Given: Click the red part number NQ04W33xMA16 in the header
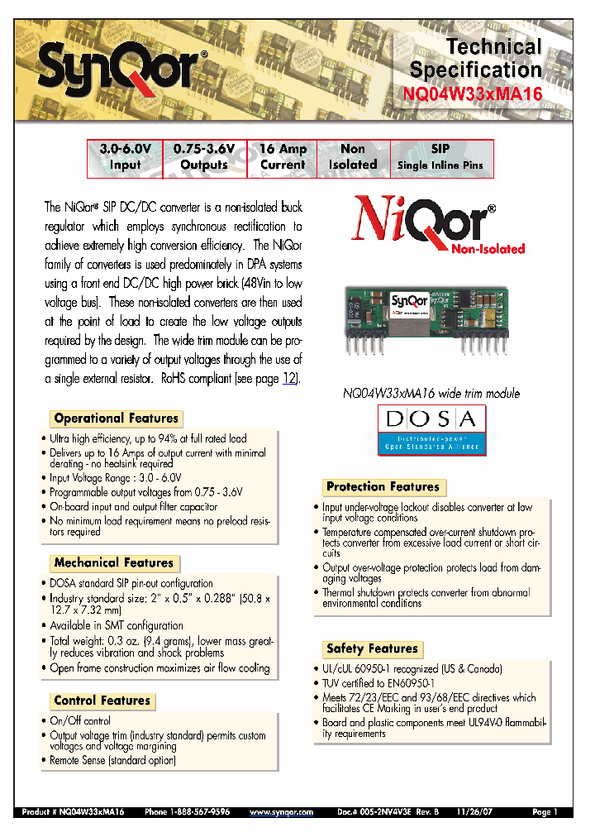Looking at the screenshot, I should (x=474, y=93).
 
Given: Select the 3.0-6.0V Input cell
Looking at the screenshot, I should (x=126, y=157).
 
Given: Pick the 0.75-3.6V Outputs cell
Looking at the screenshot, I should (x=204, y=157).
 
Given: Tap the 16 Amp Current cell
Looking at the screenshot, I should (x=283, y=157).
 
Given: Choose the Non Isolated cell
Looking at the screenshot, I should (x=353, y=157).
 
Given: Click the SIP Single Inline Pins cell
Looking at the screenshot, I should (x=440, y=157).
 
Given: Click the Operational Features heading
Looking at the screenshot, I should (x=116, y=418).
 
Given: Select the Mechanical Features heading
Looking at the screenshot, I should (x=114, y=563).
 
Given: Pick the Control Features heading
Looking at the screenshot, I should (x=102, y=701).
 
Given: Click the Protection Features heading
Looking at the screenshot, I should (x=383, y=487).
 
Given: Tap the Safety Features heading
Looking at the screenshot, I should (x=372, y=649).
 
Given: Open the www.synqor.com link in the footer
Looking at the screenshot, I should (x=282, y=813).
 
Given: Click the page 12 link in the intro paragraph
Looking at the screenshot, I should (x=289, y=379).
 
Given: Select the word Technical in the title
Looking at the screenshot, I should (x=493, y=47).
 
